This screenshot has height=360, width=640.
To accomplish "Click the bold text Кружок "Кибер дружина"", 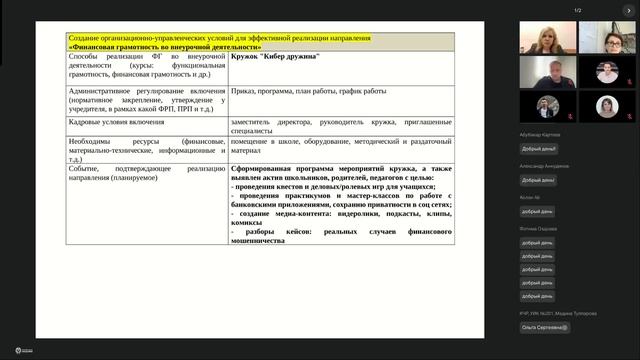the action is [275, 57].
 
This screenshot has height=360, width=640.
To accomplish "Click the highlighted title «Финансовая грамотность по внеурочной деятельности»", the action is [165, 47].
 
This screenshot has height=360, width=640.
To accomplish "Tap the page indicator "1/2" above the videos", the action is [578, 10].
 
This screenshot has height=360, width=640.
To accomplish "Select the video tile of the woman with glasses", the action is [607, 37].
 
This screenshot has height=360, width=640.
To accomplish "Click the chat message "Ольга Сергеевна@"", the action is [545, 327].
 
